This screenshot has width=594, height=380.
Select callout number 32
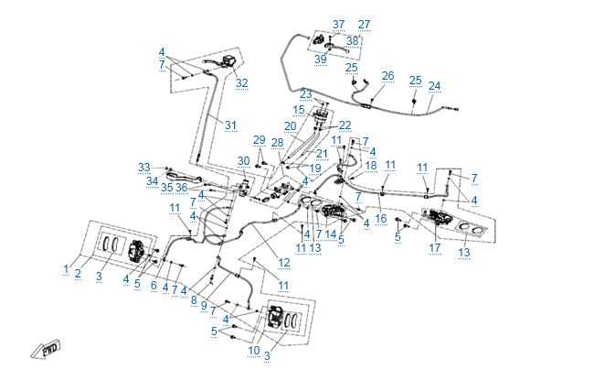[241, 83]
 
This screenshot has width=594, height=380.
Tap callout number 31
[231, 125]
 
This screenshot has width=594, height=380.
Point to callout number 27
[365, 25]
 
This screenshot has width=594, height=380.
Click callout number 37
[339, 25]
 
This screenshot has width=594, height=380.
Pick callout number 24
[434, 86]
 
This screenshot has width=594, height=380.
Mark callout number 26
[387, 76]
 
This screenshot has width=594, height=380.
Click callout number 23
[305, 94]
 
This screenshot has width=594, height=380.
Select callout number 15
[299, 110]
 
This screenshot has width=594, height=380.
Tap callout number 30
[243, 161]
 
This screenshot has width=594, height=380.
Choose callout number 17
[436, 248]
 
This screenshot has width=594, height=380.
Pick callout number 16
[380, 220]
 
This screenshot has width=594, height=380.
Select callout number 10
[254, 351]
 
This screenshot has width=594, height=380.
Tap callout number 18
[371, 166]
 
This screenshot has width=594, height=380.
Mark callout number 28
[277, 143]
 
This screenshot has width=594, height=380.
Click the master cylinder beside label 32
[225, 65]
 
